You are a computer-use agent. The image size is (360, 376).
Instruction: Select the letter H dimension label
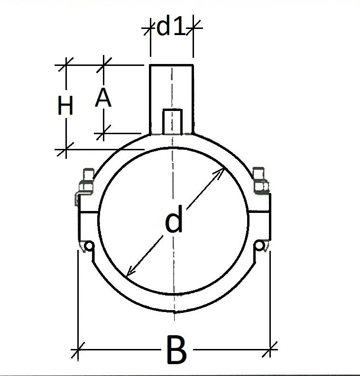[65, 106]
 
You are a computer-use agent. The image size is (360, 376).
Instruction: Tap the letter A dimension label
[103, 99]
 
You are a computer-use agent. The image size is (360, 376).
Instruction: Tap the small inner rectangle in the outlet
[172, 121]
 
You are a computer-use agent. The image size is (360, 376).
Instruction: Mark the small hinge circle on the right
[259, 245]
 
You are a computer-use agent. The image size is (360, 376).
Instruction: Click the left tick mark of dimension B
[77, 351]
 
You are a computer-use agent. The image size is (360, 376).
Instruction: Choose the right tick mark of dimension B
[270, 351]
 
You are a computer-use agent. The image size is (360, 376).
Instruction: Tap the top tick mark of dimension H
[65, 64]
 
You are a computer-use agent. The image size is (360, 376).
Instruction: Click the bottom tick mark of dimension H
[65, 149]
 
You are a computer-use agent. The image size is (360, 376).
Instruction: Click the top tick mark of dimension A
[103, 64]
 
